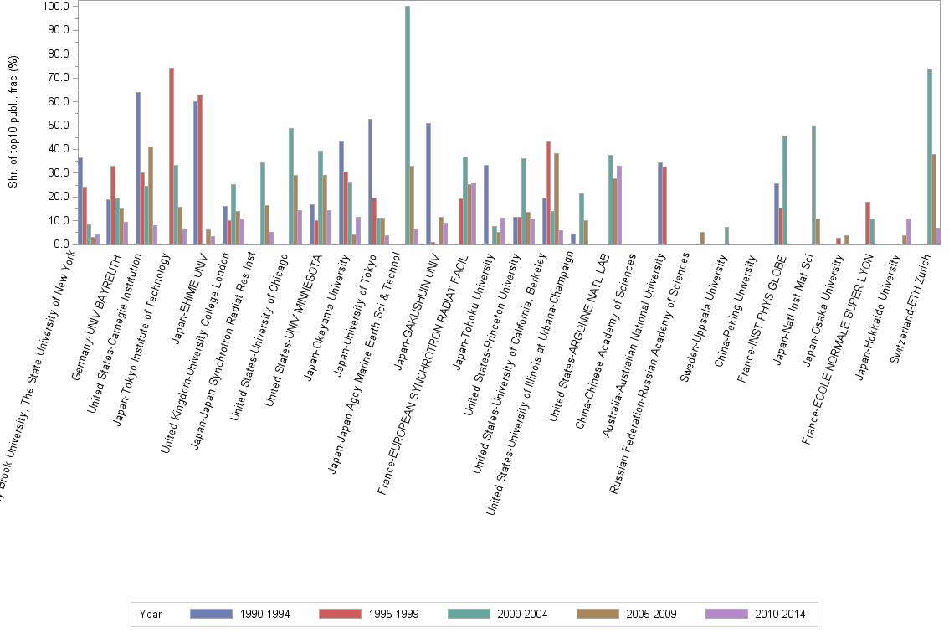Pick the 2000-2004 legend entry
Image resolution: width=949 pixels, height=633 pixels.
click(499, 614)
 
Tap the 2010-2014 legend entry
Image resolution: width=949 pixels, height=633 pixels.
click(757, 614)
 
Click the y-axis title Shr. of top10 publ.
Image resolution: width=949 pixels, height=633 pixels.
click(13, 122)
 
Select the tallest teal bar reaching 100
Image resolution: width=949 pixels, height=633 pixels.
click(408, 126)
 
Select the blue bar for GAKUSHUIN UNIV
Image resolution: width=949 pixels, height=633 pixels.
click(428, 184)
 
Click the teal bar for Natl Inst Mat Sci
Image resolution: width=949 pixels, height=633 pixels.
click(813, 185)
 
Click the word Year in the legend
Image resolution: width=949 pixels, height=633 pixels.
click(151, 614)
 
